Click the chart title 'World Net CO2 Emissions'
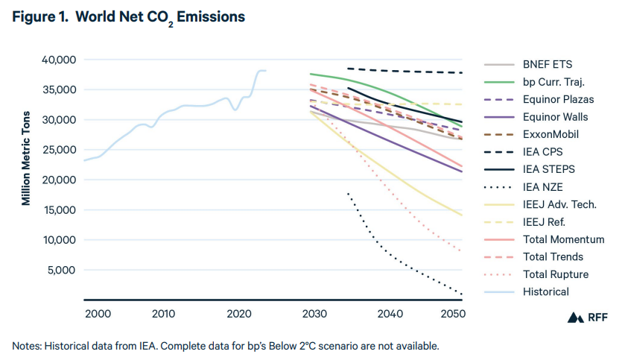click(128, 17)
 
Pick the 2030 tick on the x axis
click(312, 314)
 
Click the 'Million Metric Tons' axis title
click(27, 159)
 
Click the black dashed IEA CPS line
click(402, 71)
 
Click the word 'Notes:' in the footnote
click(27, 346)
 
